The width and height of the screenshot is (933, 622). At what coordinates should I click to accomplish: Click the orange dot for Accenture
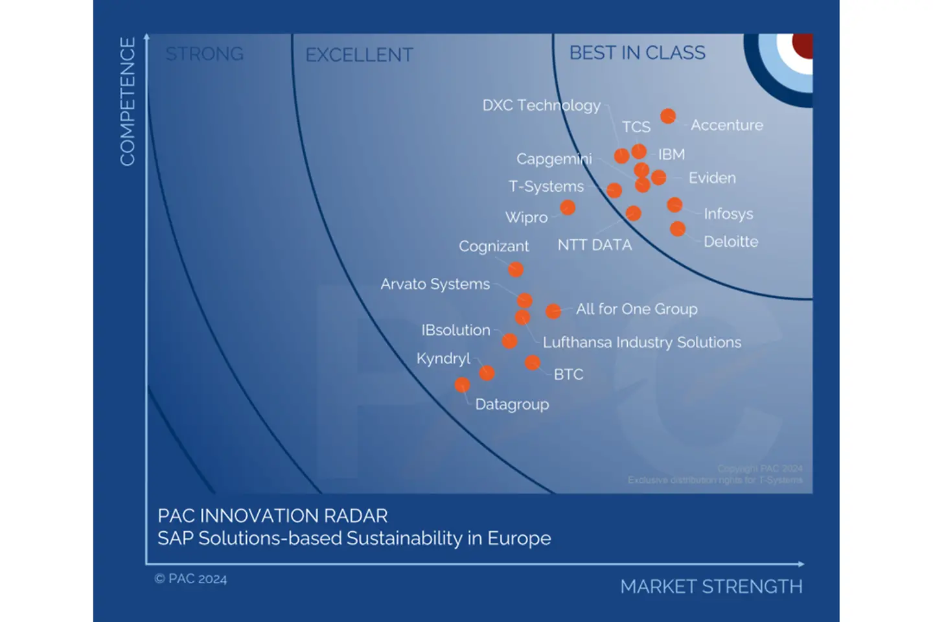(668, 116)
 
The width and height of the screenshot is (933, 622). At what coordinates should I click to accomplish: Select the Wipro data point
(568, 207)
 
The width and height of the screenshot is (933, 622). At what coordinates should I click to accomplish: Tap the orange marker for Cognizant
(516, 270)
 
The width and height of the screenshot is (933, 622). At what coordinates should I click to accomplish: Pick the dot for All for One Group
(553, 311)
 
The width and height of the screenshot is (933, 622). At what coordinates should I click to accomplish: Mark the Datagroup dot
(462, 386)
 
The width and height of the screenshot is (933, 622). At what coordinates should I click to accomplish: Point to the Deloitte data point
(678, 229)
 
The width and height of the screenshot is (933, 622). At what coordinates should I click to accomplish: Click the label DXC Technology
(541, 106)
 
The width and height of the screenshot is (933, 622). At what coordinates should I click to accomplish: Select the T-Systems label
(546, 187)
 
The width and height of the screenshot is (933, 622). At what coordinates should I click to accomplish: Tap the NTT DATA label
(594, 245)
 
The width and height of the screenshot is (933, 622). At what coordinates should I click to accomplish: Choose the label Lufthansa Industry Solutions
(641, 342)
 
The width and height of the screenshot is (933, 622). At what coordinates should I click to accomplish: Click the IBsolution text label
(455, 330)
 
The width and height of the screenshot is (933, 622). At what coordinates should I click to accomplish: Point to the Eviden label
(711, 178)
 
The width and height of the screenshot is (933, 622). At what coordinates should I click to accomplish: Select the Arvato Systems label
(435, 284)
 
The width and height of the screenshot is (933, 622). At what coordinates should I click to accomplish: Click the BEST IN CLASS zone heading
(637, 53)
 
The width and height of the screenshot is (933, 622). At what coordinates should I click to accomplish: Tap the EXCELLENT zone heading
(359, 55)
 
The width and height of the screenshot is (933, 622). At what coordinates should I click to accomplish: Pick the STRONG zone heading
(204, 54)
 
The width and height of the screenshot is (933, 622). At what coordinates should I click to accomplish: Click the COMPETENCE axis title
(128, 102)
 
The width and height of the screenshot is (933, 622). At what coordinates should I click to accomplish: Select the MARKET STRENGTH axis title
(711, 586)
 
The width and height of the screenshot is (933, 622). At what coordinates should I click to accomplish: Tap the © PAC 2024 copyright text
(190, 579)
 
